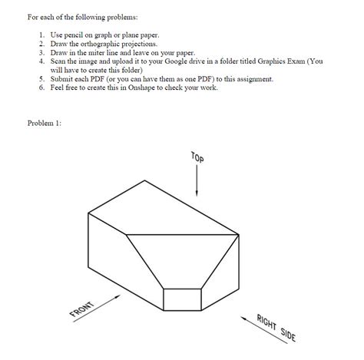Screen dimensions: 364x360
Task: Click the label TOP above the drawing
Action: (198, 158)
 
